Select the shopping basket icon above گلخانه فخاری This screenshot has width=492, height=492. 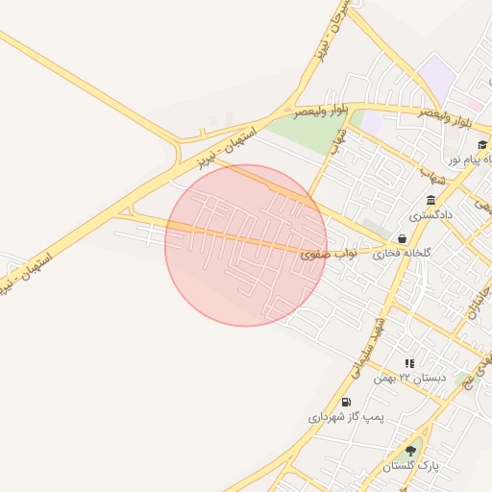401,239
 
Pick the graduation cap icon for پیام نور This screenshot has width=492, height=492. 481,144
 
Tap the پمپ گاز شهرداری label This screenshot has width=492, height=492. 345,417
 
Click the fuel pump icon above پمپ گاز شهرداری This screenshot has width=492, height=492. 346,402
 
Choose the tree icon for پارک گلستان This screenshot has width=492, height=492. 411,451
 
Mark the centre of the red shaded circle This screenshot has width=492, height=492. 246,245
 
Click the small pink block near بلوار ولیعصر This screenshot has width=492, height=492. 476,104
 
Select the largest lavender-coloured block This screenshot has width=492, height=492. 437,77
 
